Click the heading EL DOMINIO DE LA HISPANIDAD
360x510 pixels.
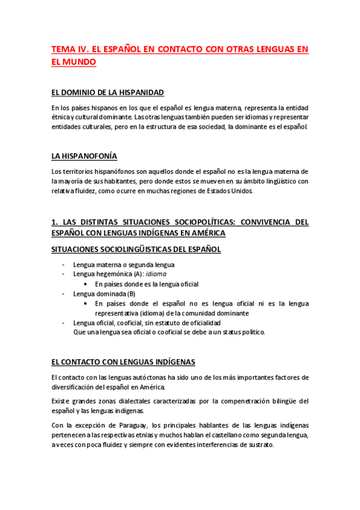(x=108, y=93)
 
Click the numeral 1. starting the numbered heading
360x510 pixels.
(x=55, y=222)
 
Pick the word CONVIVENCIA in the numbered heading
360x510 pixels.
(x=255, y=222)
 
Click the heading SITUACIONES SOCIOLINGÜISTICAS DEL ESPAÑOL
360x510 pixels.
(x=136, y=248)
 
